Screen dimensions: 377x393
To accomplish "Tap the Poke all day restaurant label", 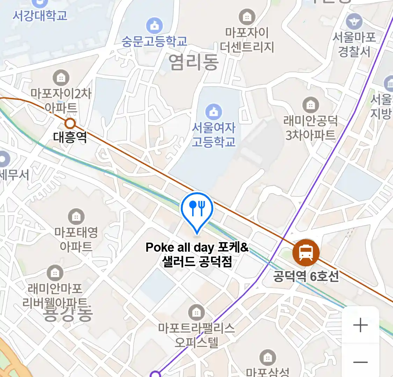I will [197, 254].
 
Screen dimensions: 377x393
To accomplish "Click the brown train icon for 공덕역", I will [306, 252].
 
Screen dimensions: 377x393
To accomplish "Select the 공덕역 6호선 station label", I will [306, 276].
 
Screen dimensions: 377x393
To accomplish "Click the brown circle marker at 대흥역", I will [71, 123].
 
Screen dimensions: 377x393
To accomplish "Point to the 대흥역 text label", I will [70, 137].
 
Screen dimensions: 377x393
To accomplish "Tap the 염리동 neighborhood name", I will [194, 62].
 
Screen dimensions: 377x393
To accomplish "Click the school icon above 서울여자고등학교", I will [213, 112].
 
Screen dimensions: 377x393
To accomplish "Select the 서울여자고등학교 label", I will [213, 135].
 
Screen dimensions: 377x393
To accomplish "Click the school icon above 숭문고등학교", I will [154, 25].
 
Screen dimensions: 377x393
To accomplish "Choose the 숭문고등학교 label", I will [154, 41].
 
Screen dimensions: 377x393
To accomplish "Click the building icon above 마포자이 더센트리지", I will [247, 16].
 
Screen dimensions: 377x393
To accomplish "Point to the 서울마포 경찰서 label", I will [354, 44].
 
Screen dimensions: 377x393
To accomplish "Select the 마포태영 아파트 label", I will [76, 239].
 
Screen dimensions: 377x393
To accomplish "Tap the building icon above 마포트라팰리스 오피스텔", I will [196, 313].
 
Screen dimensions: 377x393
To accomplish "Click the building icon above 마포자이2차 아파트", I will [61, 78].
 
